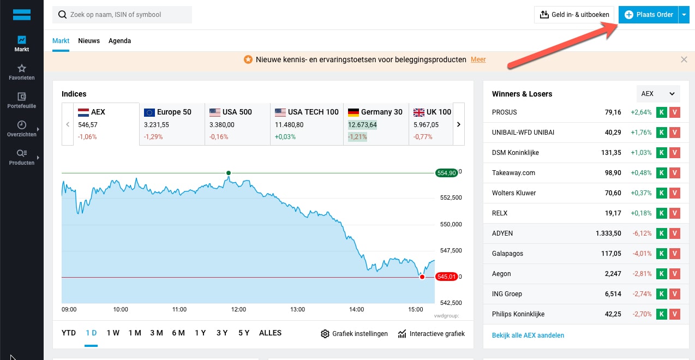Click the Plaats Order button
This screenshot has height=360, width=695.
tap(649, 15)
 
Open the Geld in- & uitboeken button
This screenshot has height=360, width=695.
tap(574, 15)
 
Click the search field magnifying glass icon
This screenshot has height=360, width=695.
tap(62, 15)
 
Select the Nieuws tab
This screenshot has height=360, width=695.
tap(89, 41)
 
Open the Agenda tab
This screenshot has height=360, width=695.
tap(119, 41)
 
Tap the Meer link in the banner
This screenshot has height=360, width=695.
tap(478, 59)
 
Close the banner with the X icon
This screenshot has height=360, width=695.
tap(684, 59)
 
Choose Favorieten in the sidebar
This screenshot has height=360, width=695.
tap(22, 72)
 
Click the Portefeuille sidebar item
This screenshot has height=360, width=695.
tap(22, 100)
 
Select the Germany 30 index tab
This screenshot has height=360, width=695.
tap(376, 124)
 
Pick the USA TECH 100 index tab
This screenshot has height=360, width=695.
tap(307, 124)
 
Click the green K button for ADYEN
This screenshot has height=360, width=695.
tap(662, 233)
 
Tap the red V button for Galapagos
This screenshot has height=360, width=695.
tap(674, 254)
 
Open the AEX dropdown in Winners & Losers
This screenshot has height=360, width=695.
tap(658, 94)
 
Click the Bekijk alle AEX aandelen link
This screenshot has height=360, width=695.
tap(528, 335)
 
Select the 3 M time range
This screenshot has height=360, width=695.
tap(157, 333)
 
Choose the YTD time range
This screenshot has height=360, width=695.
tap(69, 333)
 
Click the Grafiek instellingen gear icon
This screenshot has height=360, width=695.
tap(325, 334)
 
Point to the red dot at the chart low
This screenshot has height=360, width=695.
tap(422, 277)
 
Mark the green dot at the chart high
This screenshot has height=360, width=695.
tap(229, 173)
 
